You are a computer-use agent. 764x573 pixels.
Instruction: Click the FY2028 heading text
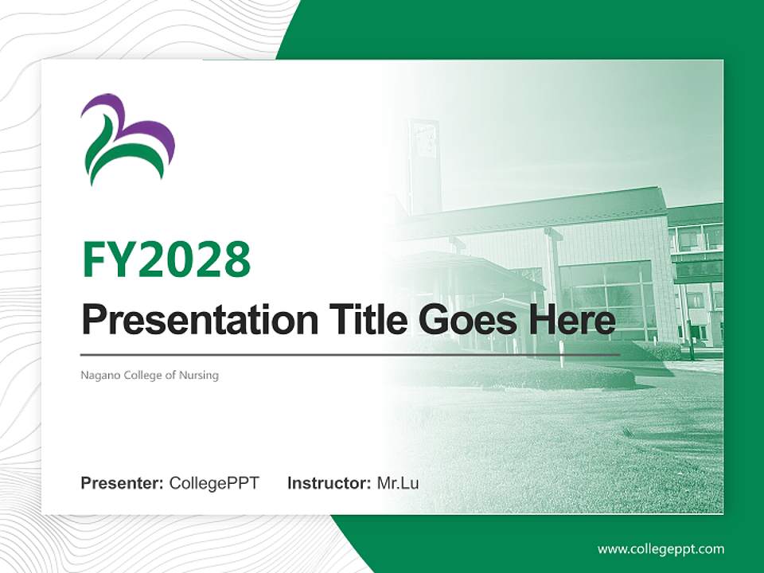[166, 259]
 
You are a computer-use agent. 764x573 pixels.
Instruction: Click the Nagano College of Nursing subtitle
[150, 375]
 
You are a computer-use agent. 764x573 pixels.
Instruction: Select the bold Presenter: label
[122, 483]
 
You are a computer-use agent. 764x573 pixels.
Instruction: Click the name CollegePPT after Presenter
[214, 483]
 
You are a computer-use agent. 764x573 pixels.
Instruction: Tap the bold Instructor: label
[329, 483]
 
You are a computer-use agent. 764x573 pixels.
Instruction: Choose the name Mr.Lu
[398, 483]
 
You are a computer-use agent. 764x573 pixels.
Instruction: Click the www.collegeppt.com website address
[661, 548]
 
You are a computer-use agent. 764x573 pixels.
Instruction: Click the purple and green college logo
[127, 138]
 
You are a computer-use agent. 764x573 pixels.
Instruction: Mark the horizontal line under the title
[350, 354]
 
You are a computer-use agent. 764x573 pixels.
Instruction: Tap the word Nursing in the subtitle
[200, 375]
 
